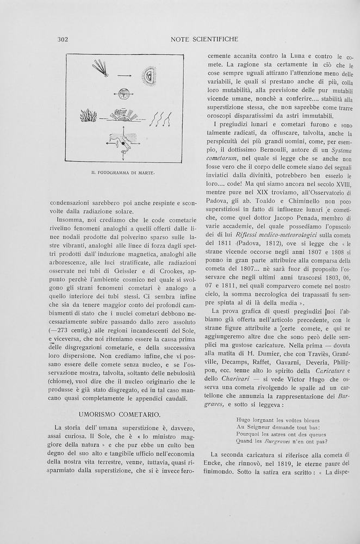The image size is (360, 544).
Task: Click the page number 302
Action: pos(61,39)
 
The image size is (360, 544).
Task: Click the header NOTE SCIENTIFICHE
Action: pos(204,39)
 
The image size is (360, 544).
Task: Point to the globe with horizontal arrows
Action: pos(124,94)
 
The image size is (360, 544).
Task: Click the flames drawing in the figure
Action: pos(88,115)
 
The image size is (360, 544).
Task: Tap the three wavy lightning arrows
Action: pos(161,115)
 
